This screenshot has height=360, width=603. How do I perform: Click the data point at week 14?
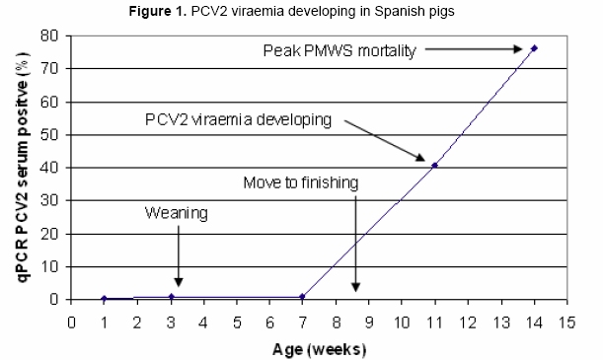tap(534, 47)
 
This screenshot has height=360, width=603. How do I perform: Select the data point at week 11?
tap(435, 165)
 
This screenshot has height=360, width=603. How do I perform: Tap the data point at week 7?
tap(303, 297)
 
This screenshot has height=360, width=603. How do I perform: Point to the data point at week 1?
tap(105, 298)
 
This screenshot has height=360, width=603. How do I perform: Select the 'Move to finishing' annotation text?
tap(302, 183)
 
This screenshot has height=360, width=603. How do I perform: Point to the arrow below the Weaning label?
tap(178, 256)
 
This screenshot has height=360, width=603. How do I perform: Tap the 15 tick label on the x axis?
tap(566, 321)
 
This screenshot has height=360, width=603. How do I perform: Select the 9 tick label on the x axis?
tap(368, 321)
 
